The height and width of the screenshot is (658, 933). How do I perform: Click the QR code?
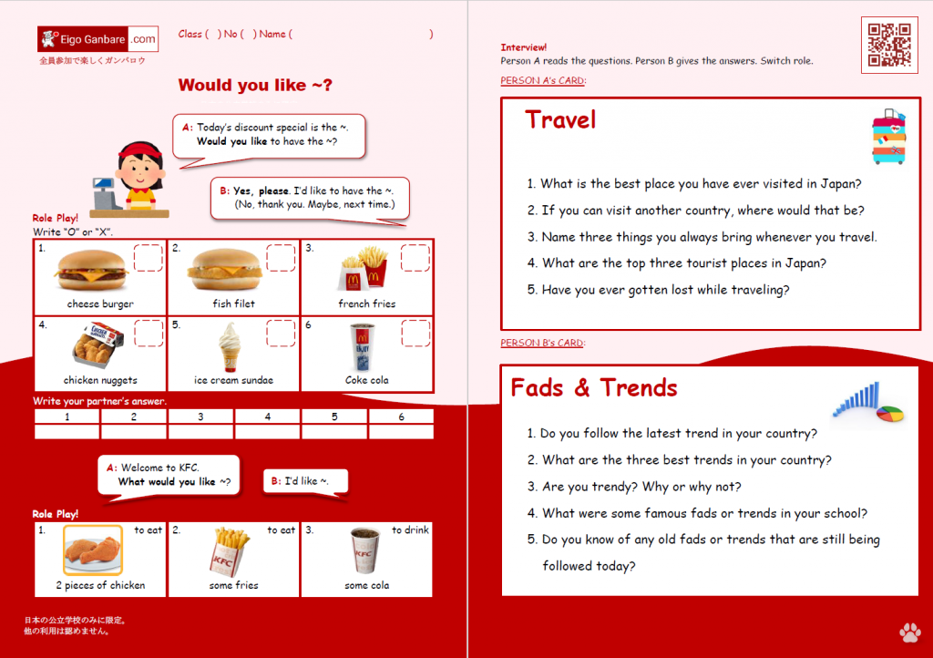click(x=889, y=45)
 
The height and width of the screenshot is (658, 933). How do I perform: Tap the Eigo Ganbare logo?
click(x=97, y=39)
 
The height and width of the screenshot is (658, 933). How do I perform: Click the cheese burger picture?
click(x=91, y=270)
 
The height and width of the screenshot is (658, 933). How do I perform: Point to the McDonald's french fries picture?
click(x=364, y=267)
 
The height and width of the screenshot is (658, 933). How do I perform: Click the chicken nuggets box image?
click(x=97, y=344)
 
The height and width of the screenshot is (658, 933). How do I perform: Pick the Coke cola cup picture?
click(x=362, y=347)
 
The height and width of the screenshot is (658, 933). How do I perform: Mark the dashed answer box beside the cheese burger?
click(x=149, y=258)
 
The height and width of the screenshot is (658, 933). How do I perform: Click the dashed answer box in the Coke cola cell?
click(x=415, y=334)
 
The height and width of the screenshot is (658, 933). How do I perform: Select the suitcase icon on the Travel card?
click(x=889, y=137)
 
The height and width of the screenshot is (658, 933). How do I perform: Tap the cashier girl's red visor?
click(x=140, y=149)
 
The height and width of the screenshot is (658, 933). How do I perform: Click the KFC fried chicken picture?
click(x=93, y=550)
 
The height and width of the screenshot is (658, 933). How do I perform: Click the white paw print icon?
click(x=910, y=632)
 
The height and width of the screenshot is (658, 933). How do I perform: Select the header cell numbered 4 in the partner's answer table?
click(x=268, y=416)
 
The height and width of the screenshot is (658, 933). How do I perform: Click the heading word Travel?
click(x=560, y=119)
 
